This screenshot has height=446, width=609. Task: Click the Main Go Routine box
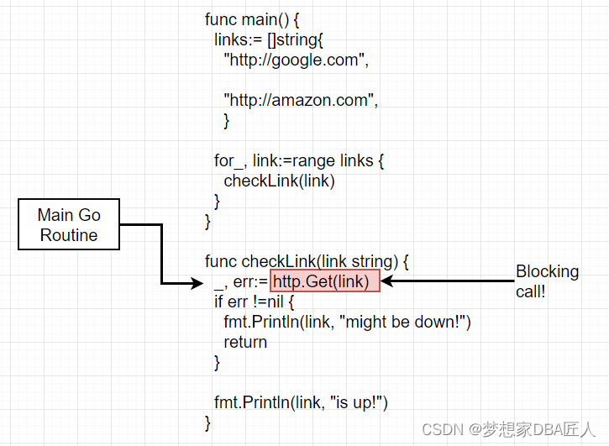click(69, 225)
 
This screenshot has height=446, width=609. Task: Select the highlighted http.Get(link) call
click(325, 281)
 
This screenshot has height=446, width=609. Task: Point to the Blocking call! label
click(547, 281)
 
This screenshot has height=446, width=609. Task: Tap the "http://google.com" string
click(296, 60)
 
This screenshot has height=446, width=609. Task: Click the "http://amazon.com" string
click(300, 100)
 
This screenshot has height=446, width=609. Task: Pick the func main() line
click(252, 19)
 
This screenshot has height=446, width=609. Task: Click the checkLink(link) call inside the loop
click(279, 181)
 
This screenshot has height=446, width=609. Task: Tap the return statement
click(245, 342)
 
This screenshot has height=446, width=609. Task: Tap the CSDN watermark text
click(508, 430)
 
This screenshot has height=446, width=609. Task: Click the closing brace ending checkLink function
click(208, 422)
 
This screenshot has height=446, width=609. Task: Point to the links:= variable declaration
click(235, 39)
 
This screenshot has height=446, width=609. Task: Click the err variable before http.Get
click(249, 282)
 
